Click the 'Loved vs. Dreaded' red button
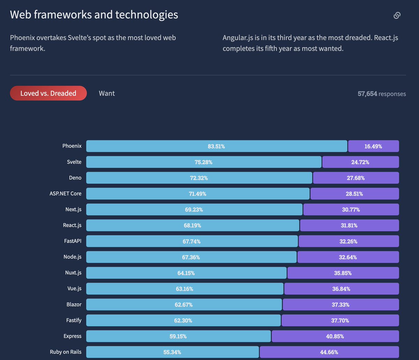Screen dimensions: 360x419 (48, 93)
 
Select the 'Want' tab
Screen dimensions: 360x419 (106, 93)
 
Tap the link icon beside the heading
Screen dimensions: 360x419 (397, 15)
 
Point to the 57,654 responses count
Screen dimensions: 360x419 (382, 94)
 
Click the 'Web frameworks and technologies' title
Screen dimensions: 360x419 (94, 15)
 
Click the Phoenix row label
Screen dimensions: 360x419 (72, 146)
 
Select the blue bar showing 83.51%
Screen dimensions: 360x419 (216, 146)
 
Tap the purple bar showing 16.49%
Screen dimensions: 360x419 (373, 146)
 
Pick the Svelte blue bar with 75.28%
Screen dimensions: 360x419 (204, 162)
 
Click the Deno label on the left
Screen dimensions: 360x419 (75, 178)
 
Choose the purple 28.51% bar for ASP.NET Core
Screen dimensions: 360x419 (354, 194)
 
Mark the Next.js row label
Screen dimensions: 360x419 (73, 210)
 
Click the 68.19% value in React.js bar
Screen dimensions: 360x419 (192, 226)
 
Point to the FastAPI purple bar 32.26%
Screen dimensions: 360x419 (348, 241)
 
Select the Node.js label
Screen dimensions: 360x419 (73, 257)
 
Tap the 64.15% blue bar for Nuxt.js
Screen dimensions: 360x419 (186, 273)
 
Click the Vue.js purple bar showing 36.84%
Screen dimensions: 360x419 (341, 289)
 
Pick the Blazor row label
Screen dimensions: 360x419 (74, 304)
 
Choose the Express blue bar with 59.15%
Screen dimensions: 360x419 (178, 336)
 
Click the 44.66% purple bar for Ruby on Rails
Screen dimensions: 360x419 (329, 352)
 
